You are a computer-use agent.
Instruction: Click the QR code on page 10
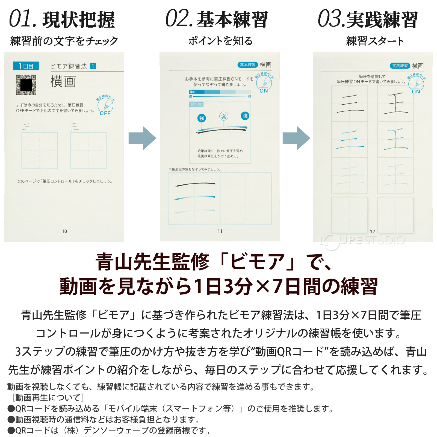click(x=26, y=85)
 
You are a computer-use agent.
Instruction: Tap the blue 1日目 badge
click(x=26, y=66)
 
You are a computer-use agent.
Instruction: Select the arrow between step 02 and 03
click(x=296, y=138)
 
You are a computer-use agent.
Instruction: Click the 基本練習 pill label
click(x=247, y=65)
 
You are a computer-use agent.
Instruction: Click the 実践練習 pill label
click(x=400, y=66)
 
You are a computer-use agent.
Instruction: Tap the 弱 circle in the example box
click(x=224, y=116)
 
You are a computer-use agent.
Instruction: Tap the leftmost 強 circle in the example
click(x=202, y=118)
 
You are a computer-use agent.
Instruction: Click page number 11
click(x=220, y=231)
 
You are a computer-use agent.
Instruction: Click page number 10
click(x=64, y=231)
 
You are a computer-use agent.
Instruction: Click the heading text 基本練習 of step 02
click(x=232, y=20)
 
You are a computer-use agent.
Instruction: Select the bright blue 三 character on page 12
click(x=350, y=139)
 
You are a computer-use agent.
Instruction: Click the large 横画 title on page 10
click(x=63, y=82)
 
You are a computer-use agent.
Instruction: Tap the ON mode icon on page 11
click(x=264, y=83)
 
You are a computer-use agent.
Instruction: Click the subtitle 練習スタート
click(x=375, y=41)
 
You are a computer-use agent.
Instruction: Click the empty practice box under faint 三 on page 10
click(x=40, y=150)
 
